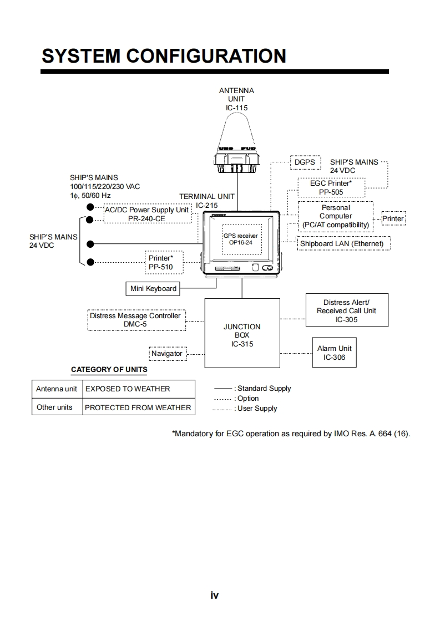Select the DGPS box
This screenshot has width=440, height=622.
tap(305, 162)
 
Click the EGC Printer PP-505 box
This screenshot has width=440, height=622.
tap(331, 187)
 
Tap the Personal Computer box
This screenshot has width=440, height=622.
tap(336, 216)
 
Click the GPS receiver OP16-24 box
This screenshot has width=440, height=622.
tap(240, 239)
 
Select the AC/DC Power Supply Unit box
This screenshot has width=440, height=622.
tap(147, 214)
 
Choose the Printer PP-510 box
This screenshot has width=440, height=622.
tap(160, 262)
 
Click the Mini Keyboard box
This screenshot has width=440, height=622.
tap(153, 288)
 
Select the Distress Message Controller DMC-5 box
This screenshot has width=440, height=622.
tap(135, 320)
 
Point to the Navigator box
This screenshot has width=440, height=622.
tap(167, 353)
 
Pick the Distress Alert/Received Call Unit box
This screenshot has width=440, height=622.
tap(346, 311)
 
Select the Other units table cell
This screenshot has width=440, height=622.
tap(54, 407)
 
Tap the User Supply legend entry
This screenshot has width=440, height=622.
tap(245, 409)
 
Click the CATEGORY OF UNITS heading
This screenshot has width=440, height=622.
tap(109, 370)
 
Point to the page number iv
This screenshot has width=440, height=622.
tap(215, 595)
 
